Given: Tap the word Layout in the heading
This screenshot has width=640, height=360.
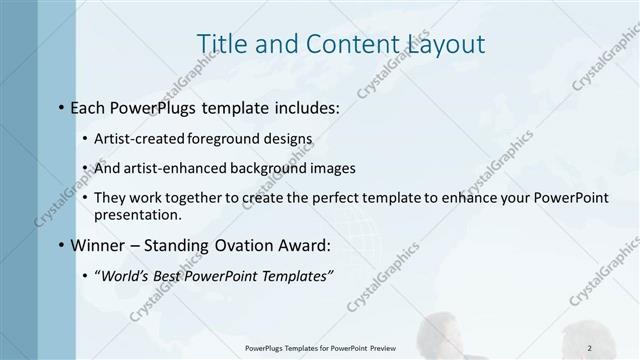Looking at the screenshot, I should click(x=442, y=44).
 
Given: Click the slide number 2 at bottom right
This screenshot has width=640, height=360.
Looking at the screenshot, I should click(x=590, y=348).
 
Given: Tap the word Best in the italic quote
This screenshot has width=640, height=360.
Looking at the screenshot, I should click(x=170, y=275).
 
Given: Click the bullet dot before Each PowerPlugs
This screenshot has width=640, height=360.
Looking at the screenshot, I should click(x=62, y=104).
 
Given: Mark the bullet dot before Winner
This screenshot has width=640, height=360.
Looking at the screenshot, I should click(x=62, y=245).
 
